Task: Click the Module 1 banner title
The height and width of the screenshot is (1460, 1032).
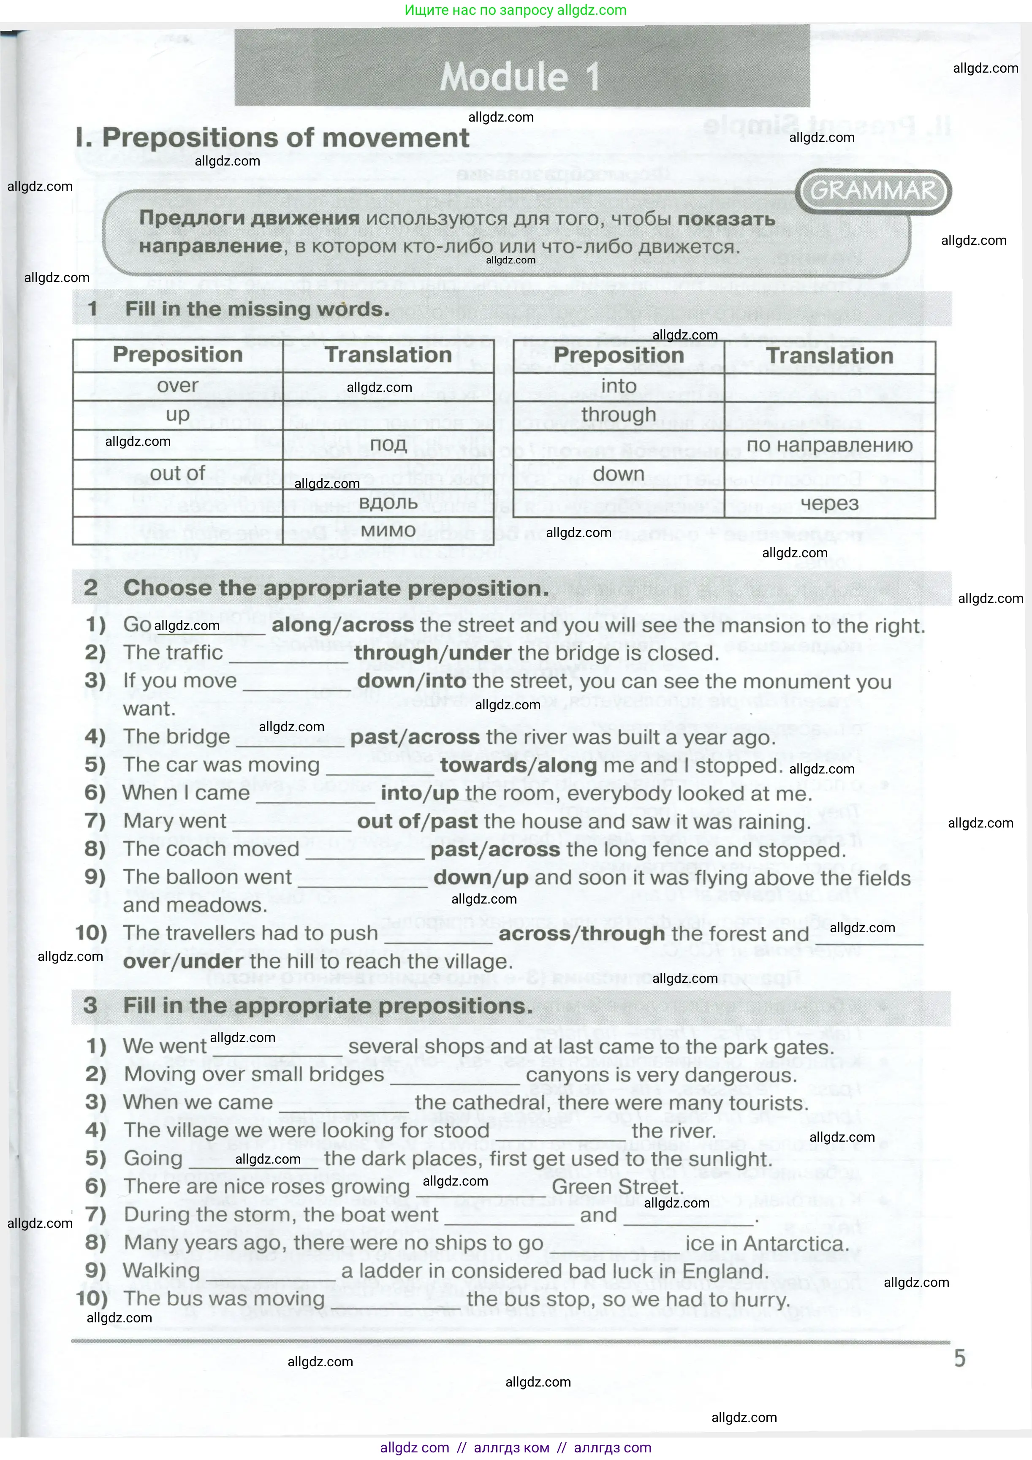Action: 520,76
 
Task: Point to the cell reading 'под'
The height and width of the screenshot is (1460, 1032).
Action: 388,445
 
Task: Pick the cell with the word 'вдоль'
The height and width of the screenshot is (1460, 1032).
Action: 388,503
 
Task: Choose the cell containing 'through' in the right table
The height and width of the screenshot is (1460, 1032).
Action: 618,415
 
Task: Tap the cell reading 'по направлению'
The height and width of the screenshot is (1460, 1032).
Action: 829,445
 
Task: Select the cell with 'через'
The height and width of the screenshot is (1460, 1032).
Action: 829,504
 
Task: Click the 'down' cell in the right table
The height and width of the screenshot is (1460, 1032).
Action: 618,475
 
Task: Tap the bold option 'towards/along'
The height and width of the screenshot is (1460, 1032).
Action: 518,765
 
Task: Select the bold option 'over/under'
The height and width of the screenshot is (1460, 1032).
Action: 183,961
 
